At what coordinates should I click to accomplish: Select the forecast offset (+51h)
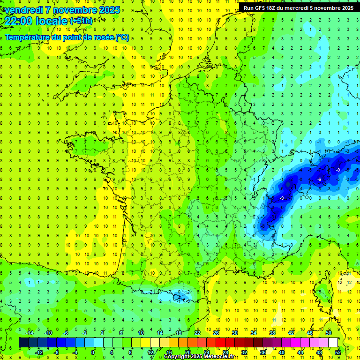[x=81, y=21]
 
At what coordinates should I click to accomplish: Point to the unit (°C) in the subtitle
[x=122, y=37]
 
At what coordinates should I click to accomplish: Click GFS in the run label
[x=260, y=7]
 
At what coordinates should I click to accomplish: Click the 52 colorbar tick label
[x=338, y=352]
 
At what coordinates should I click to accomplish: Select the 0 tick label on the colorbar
[x=93, y=352]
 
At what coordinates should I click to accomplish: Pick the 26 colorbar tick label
[x=216, y=332]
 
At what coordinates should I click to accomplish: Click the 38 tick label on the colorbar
[x=272, y=332]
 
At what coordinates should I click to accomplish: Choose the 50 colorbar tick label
[x=329, y=332]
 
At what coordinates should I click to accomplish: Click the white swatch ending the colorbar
[x=333, y=342]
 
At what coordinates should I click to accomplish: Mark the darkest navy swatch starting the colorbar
[x=24, y=342]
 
